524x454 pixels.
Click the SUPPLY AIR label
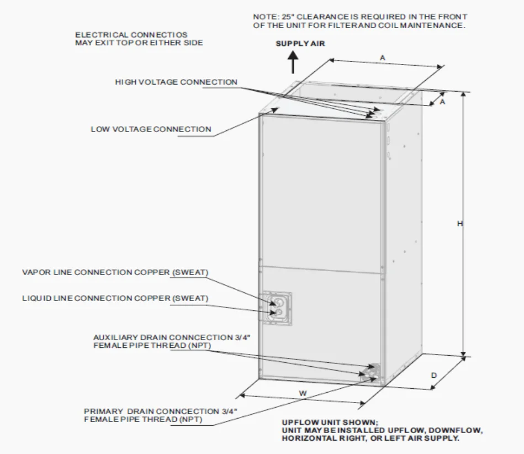(300, 44)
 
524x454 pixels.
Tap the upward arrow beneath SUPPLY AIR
(293, 62)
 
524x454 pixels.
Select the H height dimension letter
(459, 224)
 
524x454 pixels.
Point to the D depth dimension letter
(434, 376)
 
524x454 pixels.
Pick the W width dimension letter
(303, 393)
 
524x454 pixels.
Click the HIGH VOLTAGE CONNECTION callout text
(176, 82)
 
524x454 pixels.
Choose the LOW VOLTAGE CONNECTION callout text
(151, 129)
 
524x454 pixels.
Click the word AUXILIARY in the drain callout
(112, 337)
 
